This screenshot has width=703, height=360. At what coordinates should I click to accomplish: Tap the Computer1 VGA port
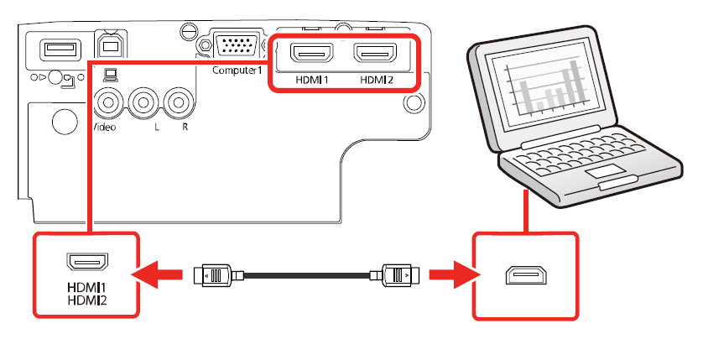coord(237,47)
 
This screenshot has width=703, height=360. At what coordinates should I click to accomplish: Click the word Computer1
coord(237,70)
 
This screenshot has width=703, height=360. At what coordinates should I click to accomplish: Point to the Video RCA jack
coord(109,103)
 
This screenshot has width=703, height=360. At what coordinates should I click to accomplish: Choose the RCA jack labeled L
coord(143,103)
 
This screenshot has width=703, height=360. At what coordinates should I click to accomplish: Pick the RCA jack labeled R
coord(178,103)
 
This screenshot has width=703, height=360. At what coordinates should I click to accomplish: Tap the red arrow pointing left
coord(159,274)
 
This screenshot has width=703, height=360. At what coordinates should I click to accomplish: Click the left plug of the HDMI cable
coord(216,274)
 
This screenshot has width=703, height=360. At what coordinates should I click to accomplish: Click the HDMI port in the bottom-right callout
coord(526,276)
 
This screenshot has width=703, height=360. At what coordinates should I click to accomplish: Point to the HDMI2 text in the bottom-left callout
coord(87,299)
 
